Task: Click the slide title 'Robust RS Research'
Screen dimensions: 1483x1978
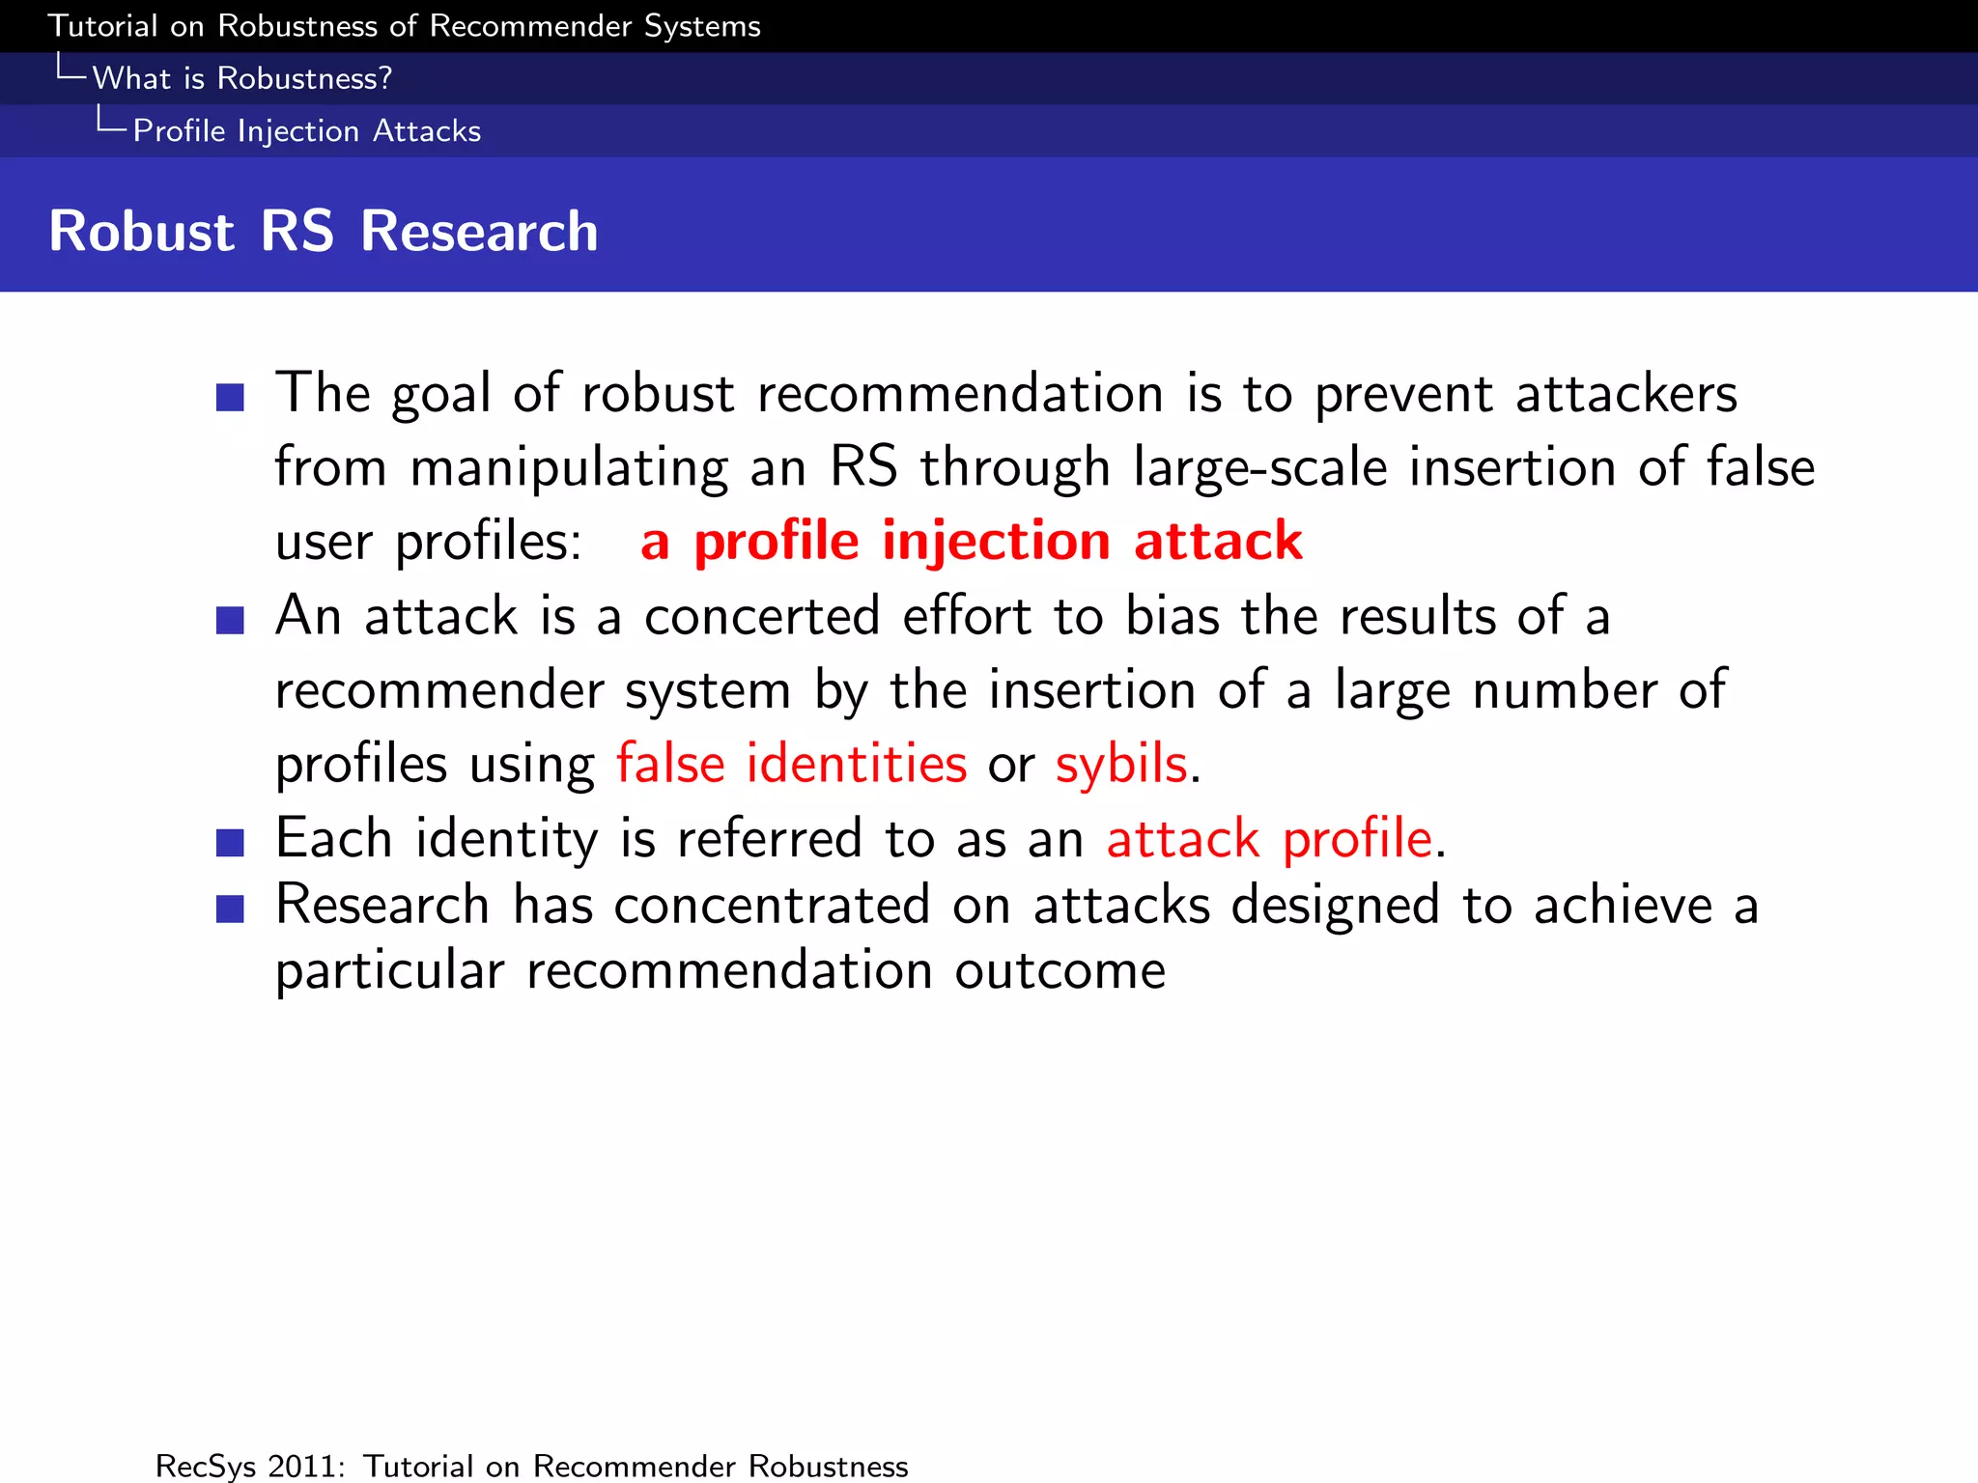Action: (323, 232)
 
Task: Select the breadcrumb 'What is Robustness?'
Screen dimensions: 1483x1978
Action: (241, 78)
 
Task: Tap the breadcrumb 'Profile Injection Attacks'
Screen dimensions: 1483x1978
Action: (306, 130)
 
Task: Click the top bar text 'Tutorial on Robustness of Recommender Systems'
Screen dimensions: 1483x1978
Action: (404, 26)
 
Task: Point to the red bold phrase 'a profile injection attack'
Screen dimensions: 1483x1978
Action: (971, 541)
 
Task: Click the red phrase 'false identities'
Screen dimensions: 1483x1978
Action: (791, 764)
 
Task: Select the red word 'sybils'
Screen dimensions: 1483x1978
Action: (1120, 764)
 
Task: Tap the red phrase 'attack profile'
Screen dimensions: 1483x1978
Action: (1269, 838)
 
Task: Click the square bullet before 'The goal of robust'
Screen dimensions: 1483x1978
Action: (230, 397)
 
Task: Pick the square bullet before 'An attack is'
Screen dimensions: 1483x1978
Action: (230, 620)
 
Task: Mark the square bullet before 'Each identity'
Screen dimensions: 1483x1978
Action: (230, 842)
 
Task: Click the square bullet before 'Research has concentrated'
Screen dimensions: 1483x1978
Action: (230, 909)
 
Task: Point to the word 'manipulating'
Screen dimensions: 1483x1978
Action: (569, 468)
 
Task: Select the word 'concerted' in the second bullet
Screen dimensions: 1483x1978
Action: (762, 617)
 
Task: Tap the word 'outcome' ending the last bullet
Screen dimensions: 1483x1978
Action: (1060, 970)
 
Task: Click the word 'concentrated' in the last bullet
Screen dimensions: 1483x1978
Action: (772, 906)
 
